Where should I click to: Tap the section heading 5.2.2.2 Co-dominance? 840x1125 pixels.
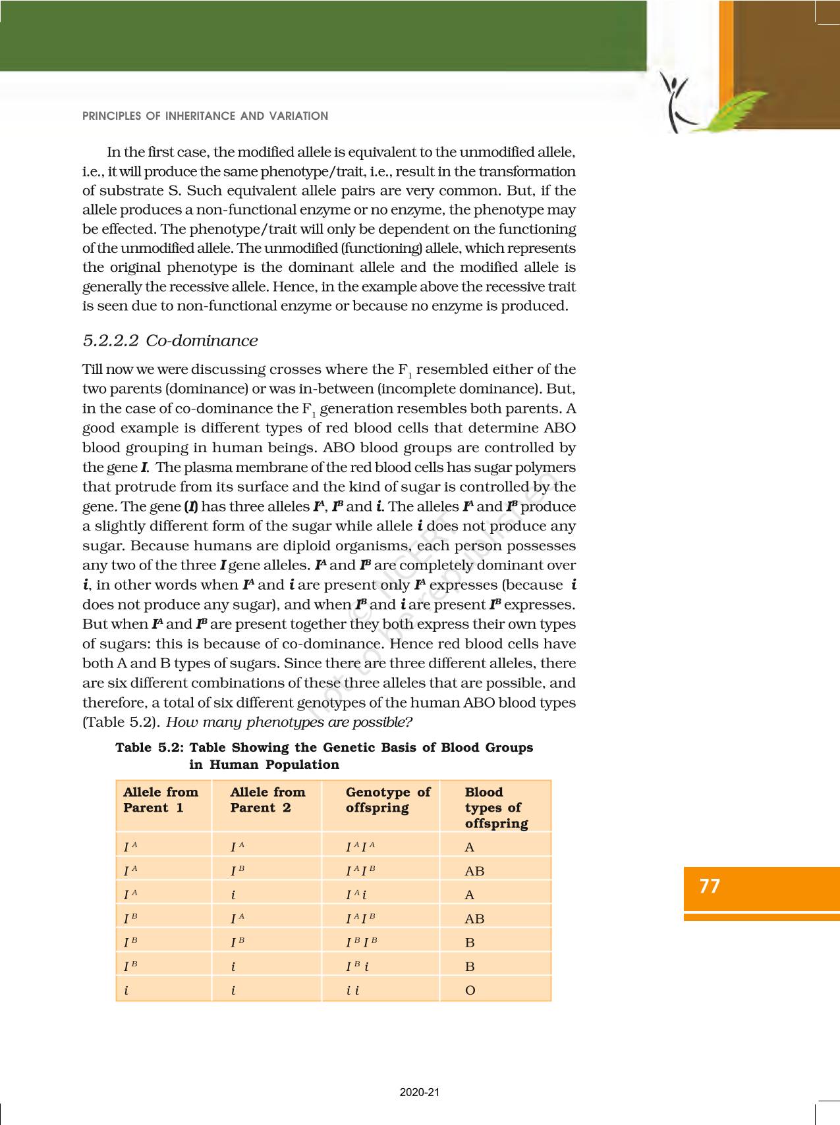click(170, 340)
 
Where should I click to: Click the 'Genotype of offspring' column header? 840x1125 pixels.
click(387, 800)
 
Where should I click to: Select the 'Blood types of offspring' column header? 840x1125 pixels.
click(496, 808)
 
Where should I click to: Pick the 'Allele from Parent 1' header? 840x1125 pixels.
click(161, 800)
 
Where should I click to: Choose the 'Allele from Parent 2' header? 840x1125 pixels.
click(267, 800)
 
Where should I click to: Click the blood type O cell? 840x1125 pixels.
click(470, 990)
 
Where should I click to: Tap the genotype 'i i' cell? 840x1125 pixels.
click(352, 990)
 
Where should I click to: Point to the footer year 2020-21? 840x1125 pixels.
click(420, 1092)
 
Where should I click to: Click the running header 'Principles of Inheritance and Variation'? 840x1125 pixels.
click(205, 116)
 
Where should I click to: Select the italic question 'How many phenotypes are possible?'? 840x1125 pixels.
click(289, 722)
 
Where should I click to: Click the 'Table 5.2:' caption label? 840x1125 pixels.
click(150, 748)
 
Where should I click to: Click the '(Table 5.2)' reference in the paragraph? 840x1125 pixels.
click(121, 722)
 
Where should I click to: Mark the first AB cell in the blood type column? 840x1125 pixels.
click(474, 871)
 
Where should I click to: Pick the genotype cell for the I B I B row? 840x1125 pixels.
click(362, 942)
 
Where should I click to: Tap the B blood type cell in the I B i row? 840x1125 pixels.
click(470, 966)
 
